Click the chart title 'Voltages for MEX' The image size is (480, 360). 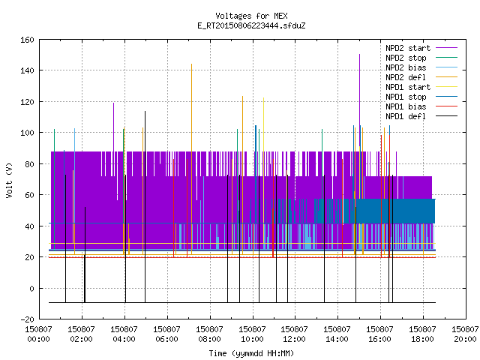pos(251,16)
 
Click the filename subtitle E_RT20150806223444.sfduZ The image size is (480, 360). pos(251,25)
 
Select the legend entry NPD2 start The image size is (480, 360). pos(408,48)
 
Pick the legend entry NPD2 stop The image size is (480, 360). pos(406,58)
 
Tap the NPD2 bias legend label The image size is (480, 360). pos(406,67)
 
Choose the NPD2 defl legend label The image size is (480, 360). pos(406,77)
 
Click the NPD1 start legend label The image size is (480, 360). pos(408,87)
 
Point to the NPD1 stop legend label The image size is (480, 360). pos(406,97)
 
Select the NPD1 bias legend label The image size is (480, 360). pos(406,106)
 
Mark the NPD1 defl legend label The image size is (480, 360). pos(406,117)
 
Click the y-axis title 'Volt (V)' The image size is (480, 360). pos(9,180)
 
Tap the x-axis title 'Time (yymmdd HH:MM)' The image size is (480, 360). pos(251,353)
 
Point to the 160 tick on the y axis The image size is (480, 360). pos(27,40)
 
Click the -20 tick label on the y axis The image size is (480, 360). pos(27,319)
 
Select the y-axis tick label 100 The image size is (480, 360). pos(27,133)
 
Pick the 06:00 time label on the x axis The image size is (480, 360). pos(166,339)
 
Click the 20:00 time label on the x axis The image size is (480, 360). pos(465,339)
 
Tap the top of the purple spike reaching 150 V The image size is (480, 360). pos(359,55)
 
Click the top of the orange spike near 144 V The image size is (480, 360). pos(192,64)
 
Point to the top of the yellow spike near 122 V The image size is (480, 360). pos(263,98)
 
